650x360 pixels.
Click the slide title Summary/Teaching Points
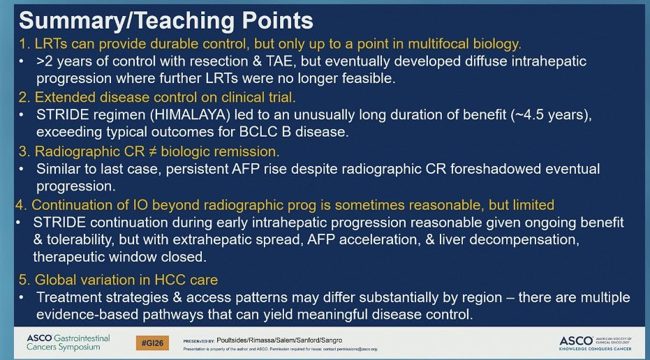coord(166,21)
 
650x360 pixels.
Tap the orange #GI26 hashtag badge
coord(152,343)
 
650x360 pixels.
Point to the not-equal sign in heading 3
coord(152,151)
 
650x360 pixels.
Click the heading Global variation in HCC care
coord(126,280)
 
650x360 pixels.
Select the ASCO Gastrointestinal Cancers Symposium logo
coord(68,343)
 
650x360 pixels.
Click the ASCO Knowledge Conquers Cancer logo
coord(596,343)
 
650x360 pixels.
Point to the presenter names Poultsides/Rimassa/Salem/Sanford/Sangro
coord(279,340)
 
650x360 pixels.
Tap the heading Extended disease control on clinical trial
coord(165,98)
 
